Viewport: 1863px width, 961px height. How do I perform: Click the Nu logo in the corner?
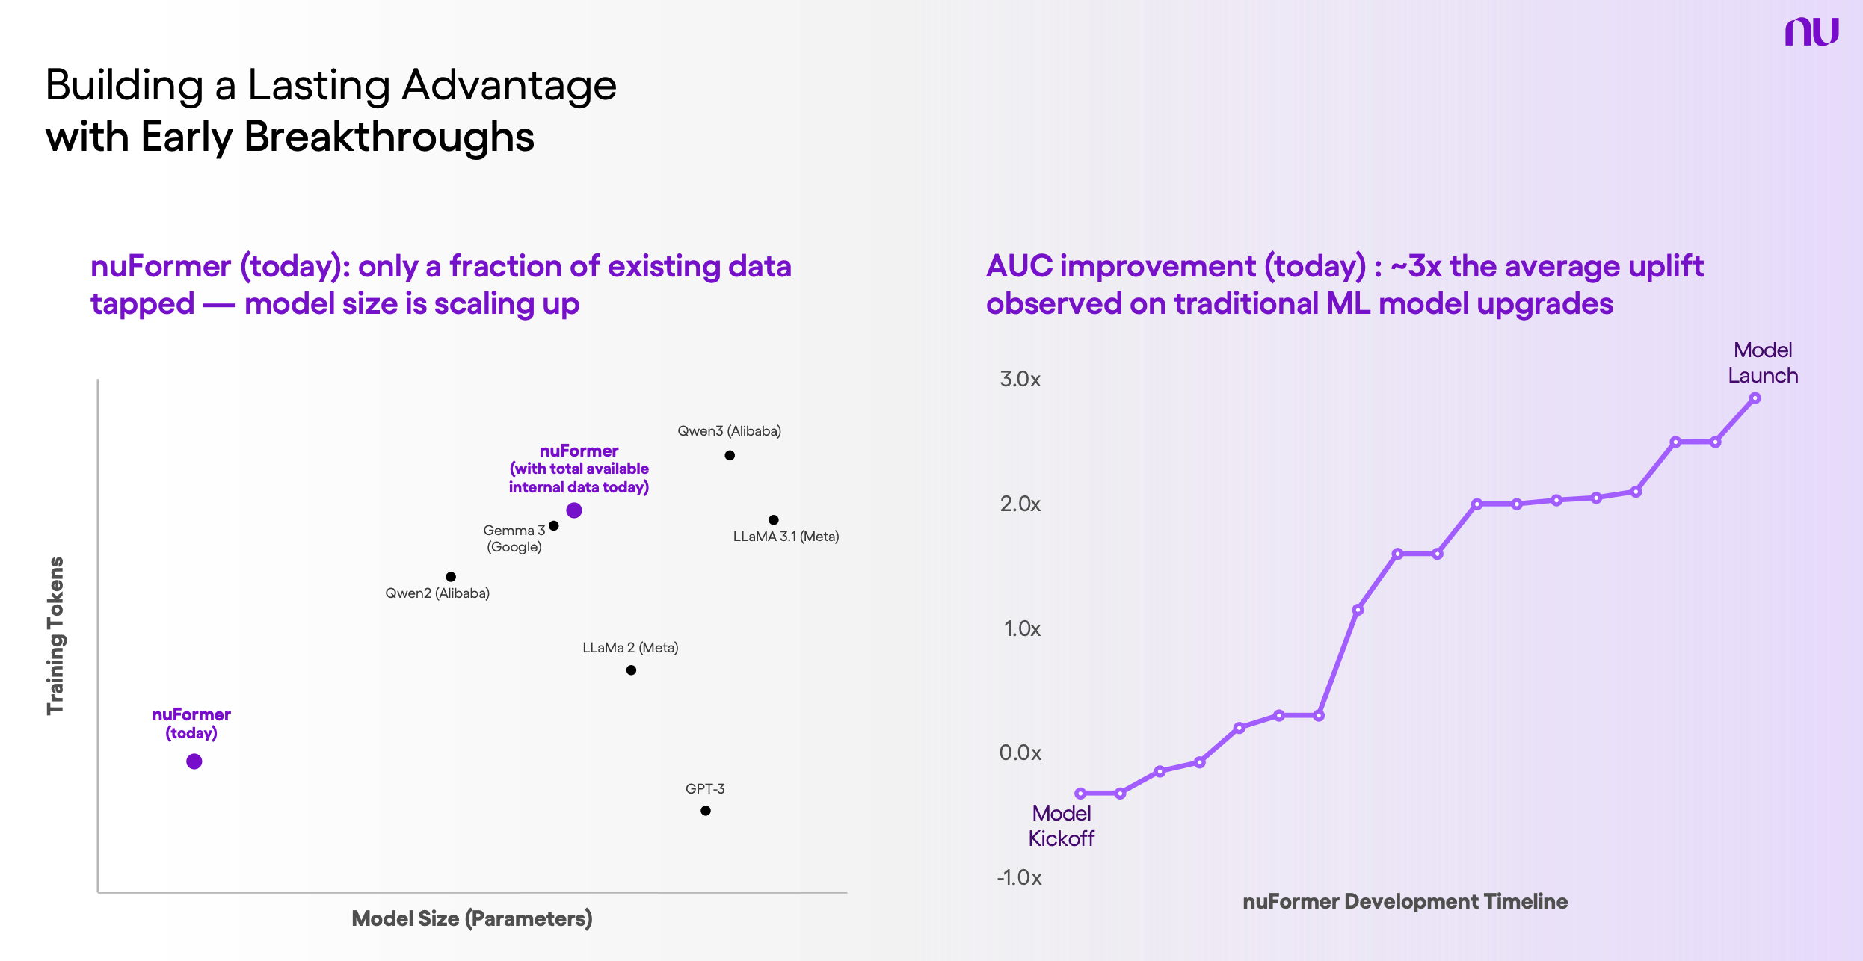pos(1811,31)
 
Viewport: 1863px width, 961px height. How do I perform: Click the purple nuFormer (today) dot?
pos(194,761)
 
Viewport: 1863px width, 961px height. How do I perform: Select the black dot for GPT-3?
pos(706,811)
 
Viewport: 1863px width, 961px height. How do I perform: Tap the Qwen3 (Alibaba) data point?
pos(730,455)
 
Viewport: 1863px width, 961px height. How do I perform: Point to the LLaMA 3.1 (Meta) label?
pos(786,537)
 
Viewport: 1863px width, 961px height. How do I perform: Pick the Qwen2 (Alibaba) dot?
pos(451,577)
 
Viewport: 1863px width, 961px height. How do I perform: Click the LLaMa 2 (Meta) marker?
pos(631,670)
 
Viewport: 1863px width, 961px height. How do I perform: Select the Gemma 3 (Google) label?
pos(514,538)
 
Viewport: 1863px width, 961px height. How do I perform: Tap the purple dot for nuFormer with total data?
pos(574,510)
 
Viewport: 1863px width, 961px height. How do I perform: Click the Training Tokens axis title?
pos(56,635)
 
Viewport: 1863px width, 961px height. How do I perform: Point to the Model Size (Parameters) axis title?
pos(472,918)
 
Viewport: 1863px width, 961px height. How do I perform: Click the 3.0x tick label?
pos(1020,379)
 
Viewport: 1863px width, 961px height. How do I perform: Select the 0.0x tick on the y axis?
pos(1020,753)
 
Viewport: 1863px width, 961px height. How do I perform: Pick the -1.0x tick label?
pos(1019,877)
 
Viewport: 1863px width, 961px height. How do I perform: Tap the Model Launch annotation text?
pos(1763,363)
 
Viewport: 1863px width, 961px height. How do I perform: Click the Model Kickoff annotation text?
pos(1061,826)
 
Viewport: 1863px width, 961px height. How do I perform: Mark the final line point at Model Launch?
pos(1755,398)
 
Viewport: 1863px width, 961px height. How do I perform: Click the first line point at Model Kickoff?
pos(1080,793)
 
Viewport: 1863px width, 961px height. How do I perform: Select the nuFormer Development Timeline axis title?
pos(1405,901)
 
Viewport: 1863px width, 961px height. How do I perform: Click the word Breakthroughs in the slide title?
pos(389,137)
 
